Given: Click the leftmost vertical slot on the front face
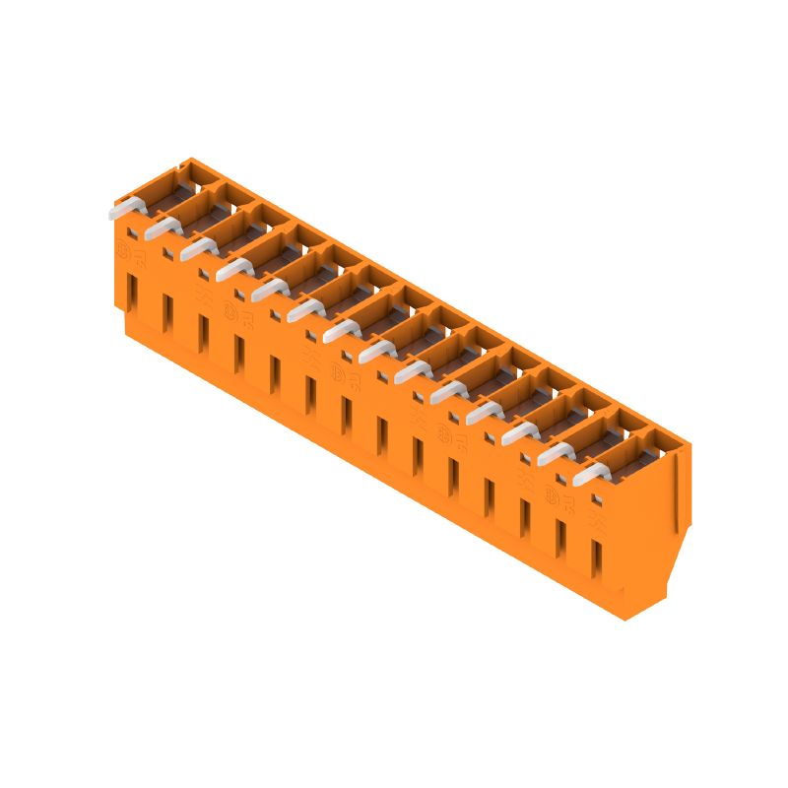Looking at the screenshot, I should (x=131, y=294).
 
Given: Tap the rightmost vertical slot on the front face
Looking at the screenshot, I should (x=595, y=558).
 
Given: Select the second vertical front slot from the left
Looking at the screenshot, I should (x=166, y=314).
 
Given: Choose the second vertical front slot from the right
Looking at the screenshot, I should (x=559, y=539).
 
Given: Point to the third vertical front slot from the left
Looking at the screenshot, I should (x=202, y=334).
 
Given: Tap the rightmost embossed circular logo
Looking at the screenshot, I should (x=553, y=492).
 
